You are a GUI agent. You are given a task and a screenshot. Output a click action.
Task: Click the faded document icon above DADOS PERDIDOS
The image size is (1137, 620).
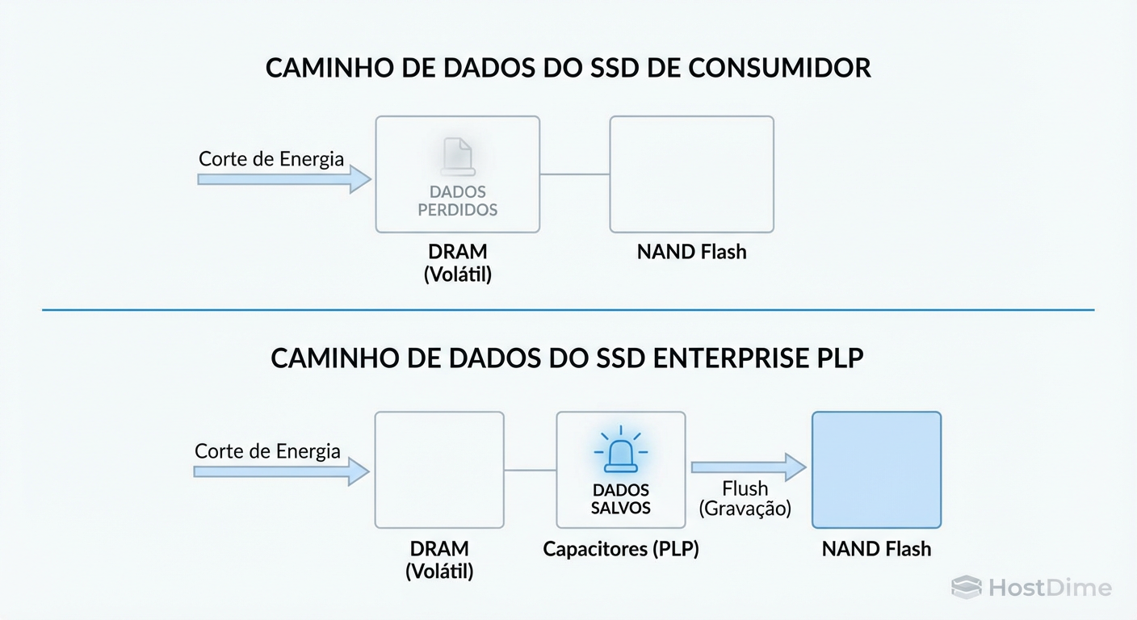458,156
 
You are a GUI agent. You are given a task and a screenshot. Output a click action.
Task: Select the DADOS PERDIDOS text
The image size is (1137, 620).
458,201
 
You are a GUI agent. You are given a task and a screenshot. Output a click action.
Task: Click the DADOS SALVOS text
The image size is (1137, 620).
620,499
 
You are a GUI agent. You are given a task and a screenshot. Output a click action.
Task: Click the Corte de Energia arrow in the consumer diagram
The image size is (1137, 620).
283,179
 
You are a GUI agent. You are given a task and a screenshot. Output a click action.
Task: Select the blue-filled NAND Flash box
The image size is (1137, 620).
876,469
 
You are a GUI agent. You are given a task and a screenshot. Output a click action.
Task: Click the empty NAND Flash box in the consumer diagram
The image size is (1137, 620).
691,174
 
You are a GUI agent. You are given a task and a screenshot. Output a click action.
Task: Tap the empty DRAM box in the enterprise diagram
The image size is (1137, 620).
438,469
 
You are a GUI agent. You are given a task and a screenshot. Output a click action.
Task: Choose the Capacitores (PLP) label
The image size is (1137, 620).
620,549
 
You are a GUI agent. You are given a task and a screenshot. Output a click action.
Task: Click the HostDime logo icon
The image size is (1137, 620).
966,587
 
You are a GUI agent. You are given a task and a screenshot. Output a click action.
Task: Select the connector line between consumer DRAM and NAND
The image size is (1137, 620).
574,174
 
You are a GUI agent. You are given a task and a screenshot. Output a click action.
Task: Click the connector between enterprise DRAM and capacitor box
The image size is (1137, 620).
530,469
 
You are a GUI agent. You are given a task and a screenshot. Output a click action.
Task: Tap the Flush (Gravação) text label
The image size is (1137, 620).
745,499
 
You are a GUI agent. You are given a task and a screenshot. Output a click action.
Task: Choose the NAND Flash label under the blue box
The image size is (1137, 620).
876,549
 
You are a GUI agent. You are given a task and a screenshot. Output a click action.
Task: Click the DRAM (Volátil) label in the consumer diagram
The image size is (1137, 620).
458,262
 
